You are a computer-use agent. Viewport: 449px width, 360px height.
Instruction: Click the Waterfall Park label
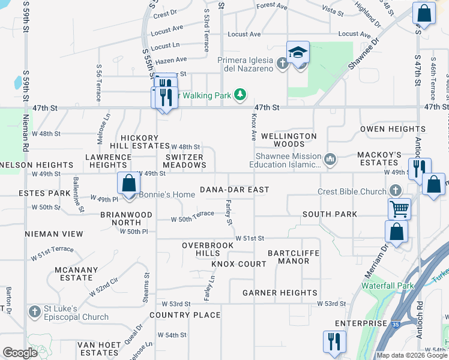pos(388,286)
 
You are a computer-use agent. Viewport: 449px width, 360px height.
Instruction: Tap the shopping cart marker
pos(399,209)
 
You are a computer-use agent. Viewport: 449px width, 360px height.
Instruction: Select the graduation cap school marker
pos(298,53)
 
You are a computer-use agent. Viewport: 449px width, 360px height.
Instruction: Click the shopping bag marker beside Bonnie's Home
pos(128,184)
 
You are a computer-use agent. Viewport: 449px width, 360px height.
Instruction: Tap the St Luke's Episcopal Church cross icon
pos(34,312)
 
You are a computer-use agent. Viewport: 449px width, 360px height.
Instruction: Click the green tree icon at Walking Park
pos(240,95)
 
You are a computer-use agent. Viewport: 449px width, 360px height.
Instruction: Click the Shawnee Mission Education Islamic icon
pos(330,160)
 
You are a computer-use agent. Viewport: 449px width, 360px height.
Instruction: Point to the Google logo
pos(20,353)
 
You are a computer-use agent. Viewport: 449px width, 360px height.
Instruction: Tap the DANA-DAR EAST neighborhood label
pos(234,190)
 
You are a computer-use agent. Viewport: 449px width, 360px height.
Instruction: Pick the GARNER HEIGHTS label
pos(280,293)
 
